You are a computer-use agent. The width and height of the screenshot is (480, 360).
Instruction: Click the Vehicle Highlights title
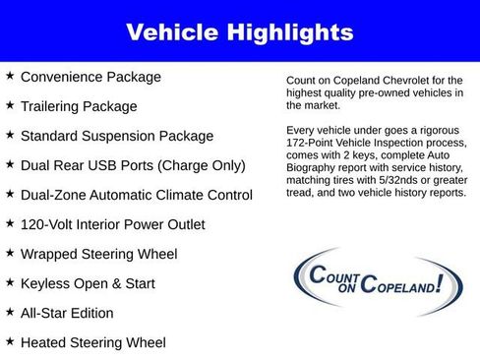(x=239, y=31)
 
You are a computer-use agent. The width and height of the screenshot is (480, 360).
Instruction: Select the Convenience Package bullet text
(x=90, y=77)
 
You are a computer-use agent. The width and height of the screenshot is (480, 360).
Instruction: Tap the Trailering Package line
(x=79, y=106)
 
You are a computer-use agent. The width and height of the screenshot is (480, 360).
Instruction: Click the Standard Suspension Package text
(x=116, y=136)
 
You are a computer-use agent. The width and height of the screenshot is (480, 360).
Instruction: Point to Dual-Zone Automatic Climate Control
(x=136, y=195)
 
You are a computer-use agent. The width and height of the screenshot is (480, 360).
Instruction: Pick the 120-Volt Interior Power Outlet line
(x=112, y=224)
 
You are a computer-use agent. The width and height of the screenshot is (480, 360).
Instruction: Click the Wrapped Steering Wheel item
(x=98, y=254)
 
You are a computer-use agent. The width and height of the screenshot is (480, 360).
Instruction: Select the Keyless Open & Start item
(x=88, y=283)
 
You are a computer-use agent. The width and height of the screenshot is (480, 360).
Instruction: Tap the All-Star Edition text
(x=67, y=313)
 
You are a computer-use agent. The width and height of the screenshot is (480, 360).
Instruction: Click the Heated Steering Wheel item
(x=92, y=342)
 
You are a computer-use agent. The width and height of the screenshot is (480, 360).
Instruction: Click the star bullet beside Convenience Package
(x=10, y=76)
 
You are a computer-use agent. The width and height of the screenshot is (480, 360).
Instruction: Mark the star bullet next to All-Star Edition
(x=10, y=312)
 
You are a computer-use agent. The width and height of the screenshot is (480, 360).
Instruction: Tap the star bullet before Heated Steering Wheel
(x=10, y=341)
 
